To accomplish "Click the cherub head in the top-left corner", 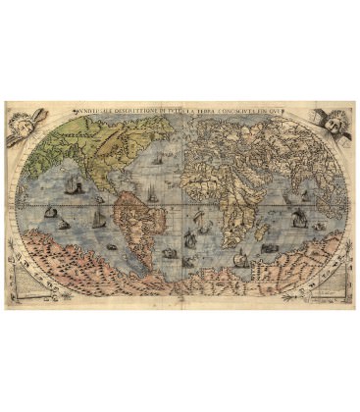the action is (x=22, y=124).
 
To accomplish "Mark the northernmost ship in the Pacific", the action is (x=66, y=184).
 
